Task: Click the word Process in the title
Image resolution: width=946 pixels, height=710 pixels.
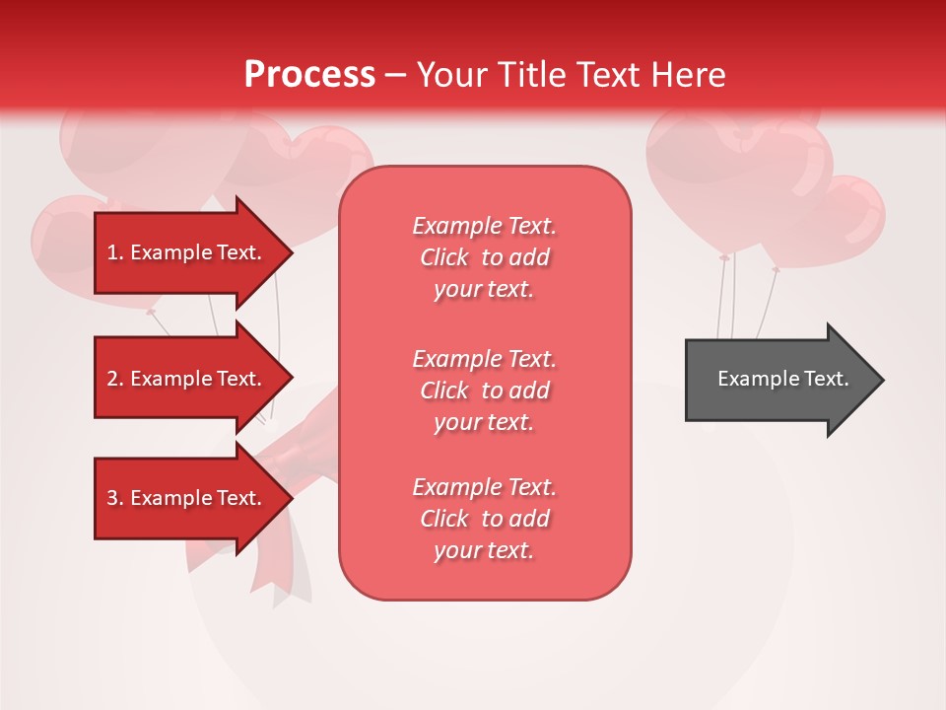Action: click(x=309, y=74)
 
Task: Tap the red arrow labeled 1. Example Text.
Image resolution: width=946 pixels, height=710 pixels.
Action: click(x=187, y=252)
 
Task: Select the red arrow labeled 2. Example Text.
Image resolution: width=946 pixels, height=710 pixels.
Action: click(x=187, y=379)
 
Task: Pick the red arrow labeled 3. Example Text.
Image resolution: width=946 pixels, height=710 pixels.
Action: click(x=187, y=498)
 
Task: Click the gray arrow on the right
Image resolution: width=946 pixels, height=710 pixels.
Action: click(x=778, y=380)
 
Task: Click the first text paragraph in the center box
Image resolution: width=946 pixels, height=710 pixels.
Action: click(x=484, y=257)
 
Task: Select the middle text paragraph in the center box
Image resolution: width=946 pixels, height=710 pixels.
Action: click(x=484, y=390)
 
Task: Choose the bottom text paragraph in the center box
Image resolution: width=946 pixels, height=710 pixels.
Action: click(x=484, y=519)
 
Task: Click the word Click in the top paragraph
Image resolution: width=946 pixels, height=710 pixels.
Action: click(x=444, y=257)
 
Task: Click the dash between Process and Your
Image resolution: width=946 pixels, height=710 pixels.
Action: click(x=395, y=74)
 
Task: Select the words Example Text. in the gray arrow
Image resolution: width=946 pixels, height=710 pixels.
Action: click(x=782, y=379)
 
